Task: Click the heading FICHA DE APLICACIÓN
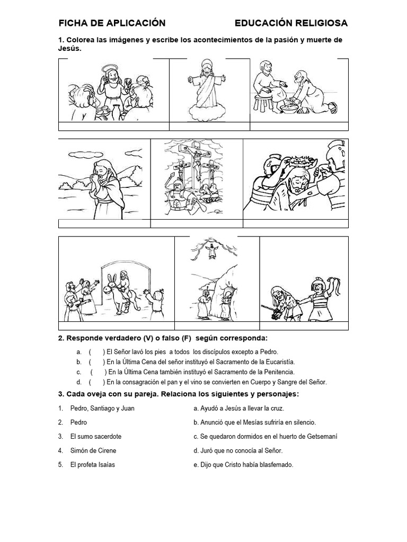click(112, 23)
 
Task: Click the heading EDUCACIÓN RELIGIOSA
click(291, 23)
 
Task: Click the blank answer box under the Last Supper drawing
click(113, 126)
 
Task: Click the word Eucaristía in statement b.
click(273, 362)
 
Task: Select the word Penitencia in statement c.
click(276, 372)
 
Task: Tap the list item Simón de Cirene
click(93, 451)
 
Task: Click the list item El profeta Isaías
click(92, 465)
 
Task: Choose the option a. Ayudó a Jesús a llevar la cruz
click(239, 408)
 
